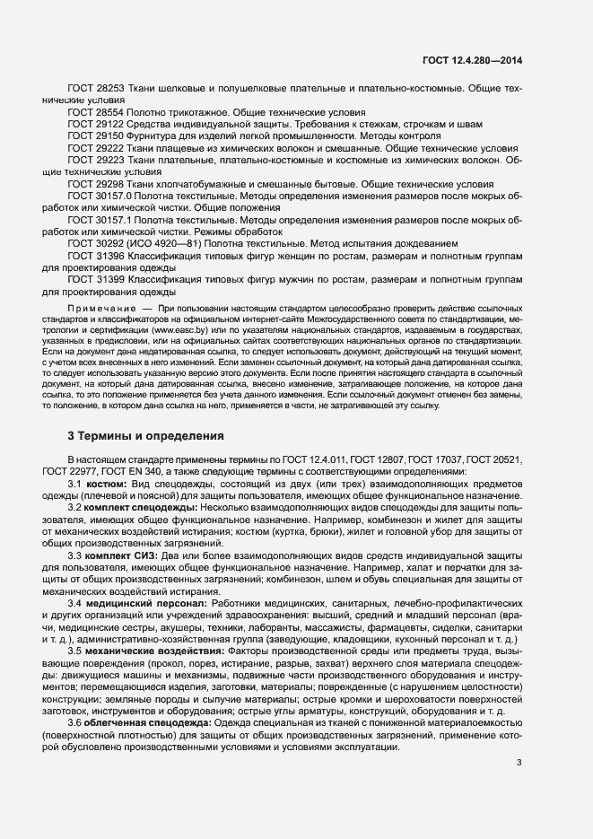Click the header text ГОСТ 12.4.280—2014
[472, 61]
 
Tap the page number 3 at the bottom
[519, 763]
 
